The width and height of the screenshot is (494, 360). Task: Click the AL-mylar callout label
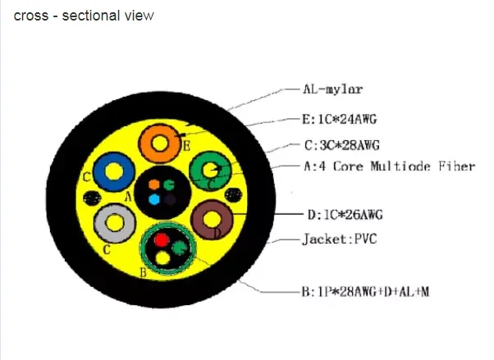point(332,89)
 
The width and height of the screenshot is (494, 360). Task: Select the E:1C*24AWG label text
point(339,120)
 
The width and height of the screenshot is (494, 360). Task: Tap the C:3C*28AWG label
point(342,145)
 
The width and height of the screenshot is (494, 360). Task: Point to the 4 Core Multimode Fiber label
point(390,166)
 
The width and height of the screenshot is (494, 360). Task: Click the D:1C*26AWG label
point(345,215)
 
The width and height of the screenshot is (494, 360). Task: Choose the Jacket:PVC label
point(340,239)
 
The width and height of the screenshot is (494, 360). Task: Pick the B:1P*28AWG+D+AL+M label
point(365,292)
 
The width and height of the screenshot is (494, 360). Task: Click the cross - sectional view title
point(84,16)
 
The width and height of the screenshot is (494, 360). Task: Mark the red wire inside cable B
point(162,240)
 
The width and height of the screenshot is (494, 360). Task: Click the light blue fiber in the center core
point(154,200)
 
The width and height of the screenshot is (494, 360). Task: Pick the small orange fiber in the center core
point(154,185)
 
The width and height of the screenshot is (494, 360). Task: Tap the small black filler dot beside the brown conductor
point(233,195)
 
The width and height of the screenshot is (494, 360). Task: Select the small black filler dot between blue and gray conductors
point(92,198)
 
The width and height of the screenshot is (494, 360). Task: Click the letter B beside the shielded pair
point(143,272)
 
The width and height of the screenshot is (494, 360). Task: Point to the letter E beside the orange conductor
point(187,146)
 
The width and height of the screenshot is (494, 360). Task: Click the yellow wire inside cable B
point(162,258)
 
